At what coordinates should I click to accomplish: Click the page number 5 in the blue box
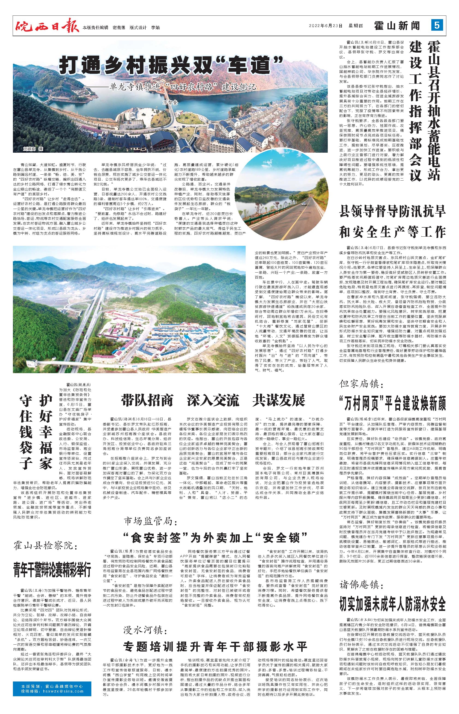(437, 26)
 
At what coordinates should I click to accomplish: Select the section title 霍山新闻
(397, 26)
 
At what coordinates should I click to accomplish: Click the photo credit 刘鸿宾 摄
(33, 148)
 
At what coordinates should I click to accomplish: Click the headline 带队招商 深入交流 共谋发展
(213, 400)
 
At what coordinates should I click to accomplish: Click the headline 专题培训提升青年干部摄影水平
(215, 646)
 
